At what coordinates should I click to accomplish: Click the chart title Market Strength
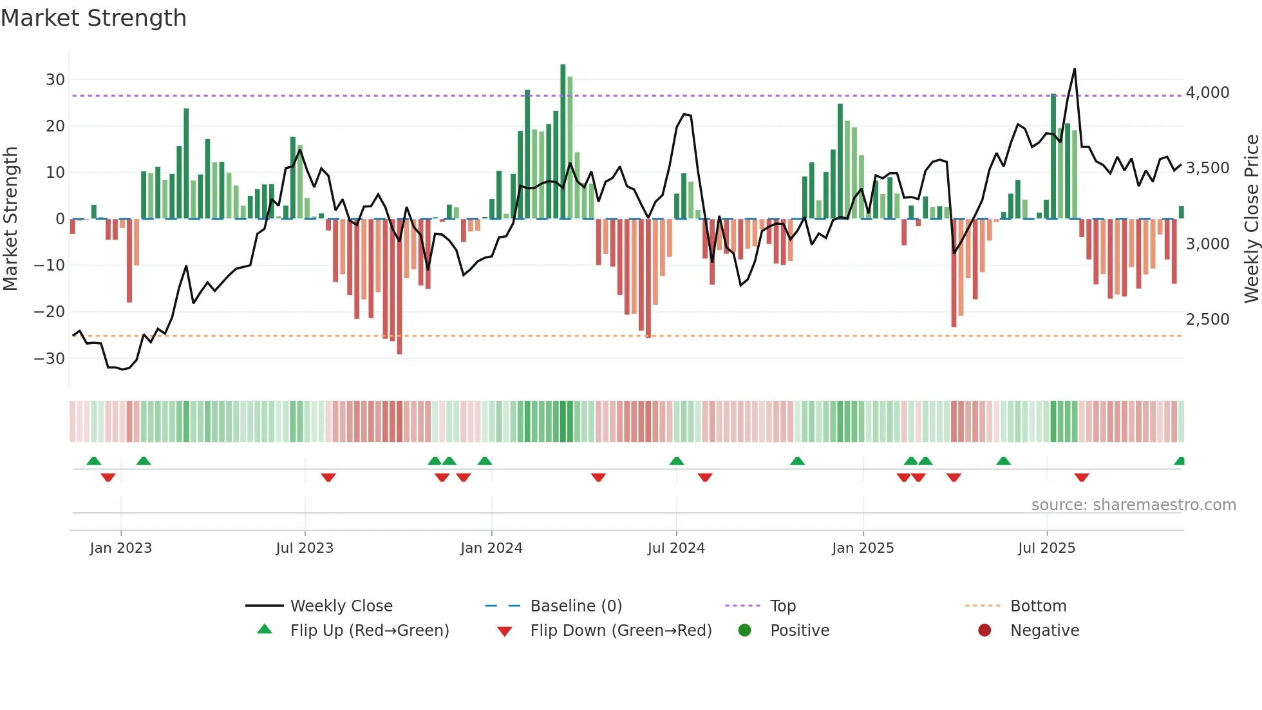point(93,18)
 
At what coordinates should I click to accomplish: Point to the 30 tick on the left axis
point(55,80)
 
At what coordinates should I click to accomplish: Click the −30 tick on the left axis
point(50,359)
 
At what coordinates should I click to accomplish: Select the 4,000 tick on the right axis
point(1207,93)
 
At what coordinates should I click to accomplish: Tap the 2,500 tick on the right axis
point(1207,320)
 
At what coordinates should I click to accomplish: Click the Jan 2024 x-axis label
point(491,548)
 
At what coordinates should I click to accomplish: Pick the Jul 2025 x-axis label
point(1046,548)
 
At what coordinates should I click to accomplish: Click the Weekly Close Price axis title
point(1251,219)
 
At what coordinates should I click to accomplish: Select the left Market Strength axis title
point(10,219)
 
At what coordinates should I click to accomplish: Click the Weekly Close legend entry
point(341,606)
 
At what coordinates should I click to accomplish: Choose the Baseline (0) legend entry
point(576,606)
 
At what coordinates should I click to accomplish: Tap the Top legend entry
point(782,606)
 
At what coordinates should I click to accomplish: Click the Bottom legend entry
point(1038,606)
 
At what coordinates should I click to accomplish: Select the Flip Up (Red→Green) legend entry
point(369,631)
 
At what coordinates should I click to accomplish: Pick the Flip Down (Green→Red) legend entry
point(621,631)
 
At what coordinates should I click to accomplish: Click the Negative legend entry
point(1044,631)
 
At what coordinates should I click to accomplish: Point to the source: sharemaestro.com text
point(1133,505)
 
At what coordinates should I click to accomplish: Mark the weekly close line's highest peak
point(1075,70)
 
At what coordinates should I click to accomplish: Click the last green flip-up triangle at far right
point(1180,461)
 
